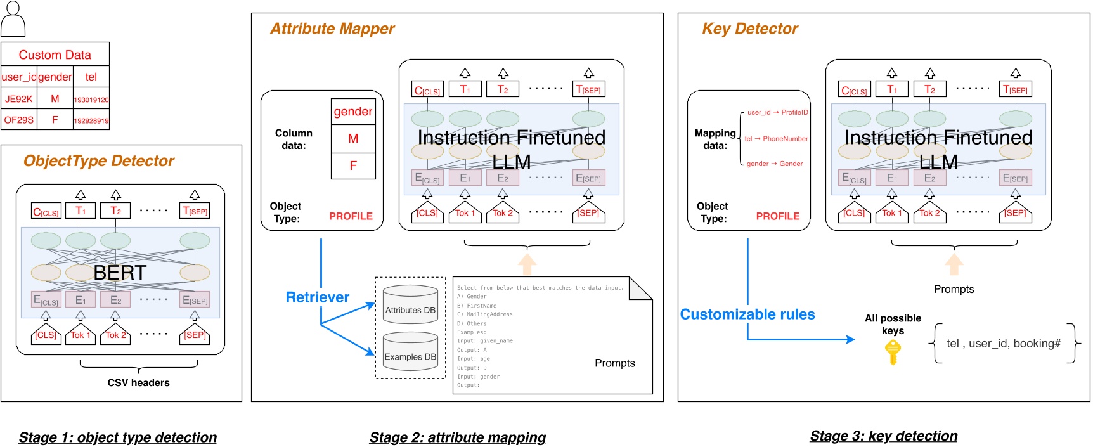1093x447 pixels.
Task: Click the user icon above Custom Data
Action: click(13, 19)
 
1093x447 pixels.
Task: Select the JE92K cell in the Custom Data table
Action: click(19, 99)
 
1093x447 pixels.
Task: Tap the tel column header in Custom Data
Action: click(91, 77)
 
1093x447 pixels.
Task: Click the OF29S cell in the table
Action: click(19, 120)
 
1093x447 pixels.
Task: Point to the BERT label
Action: click(120, 273)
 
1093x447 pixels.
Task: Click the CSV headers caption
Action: click(138, 383)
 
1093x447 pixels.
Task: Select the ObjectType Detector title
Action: click(99, 161)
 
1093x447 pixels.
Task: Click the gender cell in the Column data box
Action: click(353, 112)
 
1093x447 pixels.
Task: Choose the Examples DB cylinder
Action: click(410, 353)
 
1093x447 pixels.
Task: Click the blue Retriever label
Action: click(318, 297)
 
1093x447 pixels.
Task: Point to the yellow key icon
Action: click(893, 352)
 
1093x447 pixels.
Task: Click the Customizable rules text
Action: click(747, 314)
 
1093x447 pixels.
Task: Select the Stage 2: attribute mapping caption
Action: click(457, 437)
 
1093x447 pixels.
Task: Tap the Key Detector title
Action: click(749, 29)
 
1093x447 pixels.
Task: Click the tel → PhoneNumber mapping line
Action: click(776, 139)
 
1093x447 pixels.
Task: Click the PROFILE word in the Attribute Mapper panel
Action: click(351, 216)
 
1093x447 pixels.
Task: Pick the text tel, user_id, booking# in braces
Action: click(1003, 344)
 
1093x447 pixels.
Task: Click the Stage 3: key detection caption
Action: click(883, 436)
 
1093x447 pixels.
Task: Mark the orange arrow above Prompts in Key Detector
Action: click(954, 264)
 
